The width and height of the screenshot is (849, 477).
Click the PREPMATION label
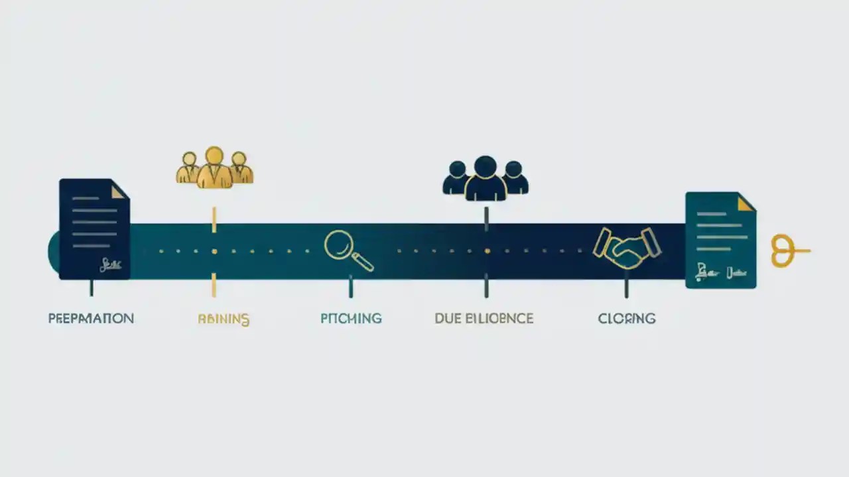click(91, 319)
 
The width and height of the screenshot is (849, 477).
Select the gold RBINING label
click(224, 319)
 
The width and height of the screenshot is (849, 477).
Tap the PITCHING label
click(351, 319)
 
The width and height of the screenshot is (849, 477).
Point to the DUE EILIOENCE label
click(484, 319)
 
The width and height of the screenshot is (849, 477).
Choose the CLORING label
click(626, 319)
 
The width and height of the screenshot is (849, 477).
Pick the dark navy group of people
click(486, 178)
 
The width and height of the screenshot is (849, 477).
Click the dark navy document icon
click(94, 229)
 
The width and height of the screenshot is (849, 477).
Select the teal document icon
click(720, 240)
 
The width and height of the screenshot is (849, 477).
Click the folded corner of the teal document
click(746, 203)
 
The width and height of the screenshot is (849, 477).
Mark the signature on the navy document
click(110, 265)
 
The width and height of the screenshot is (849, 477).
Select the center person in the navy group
click(486, 179)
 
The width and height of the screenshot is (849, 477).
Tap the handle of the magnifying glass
click(363, 262)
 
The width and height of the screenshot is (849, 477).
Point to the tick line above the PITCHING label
click(351, 287)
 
